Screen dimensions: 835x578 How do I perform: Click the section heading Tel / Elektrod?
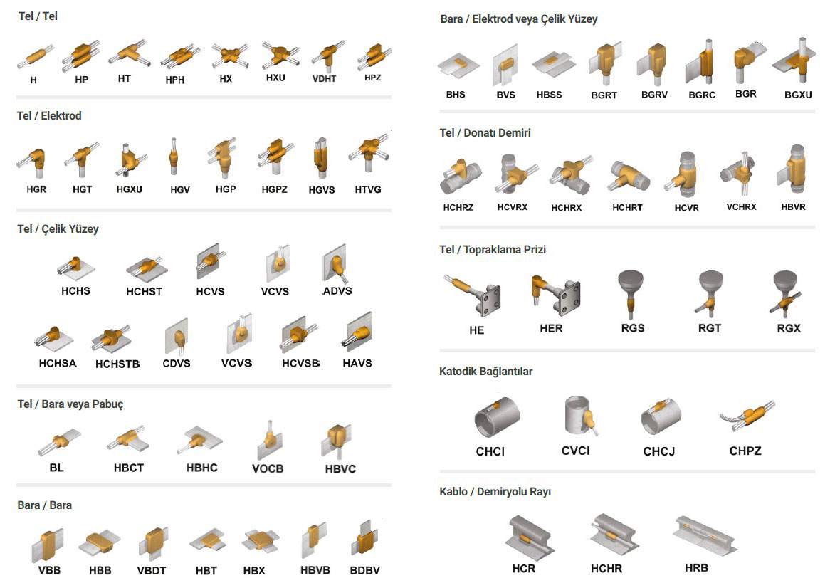tap(49, 115)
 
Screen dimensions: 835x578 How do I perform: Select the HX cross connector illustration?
tap(229, 56)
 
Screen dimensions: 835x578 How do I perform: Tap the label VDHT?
tap(325, 79)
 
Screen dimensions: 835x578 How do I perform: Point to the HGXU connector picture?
tap(130, 159)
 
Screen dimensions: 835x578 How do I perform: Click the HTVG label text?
tap(368, 189)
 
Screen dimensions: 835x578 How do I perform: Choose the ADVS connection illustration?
tap(335, 263)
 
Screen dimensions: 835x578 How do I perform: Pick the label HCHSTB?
tap(117, 364)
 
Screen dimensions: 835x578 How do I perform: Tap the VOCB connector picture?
tap(269, 441)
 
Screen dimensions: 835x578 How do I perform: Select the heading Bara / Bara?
tap(45, 505)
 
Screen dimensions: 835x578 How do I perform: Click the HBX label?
tap(254, 571)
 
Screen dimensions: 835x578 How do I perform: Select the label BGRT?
tap(604, 95)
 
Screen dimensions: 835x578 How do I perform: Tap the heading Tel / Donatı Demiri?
tap(485, 132)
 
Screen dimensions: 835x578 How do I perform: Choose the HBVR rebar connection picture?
tap(793, 169)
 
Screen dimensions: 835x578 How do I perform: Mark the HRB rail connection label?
tap(696, 568)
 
